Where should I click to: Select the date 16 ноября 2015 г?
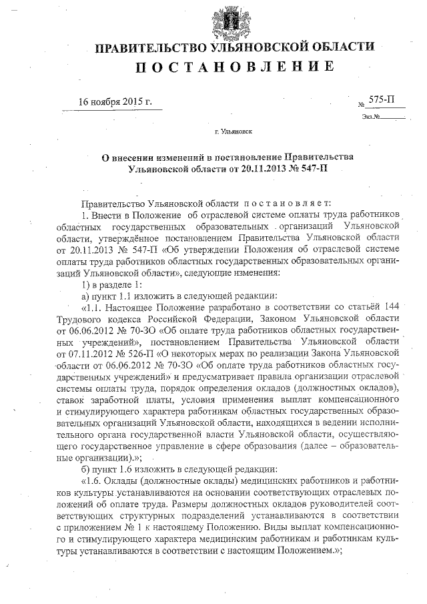click(115, 103)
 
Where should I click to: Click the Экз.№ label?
click(372, 117)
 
